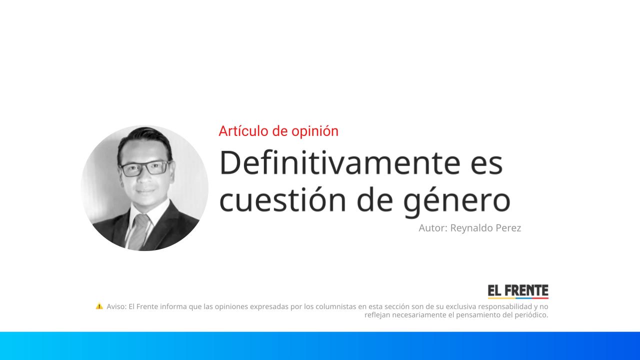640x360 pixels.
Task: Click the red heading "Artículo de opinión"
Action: pyautogui.click(x=278, y=131)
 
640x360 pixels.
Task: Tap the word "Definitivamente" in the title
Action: pyautogui.click(x=339, y=162)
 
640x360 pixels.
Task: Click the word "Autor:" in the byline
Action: pyautogui.click(x=433, y=228)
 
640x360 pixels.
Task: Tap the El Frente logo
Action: pyautogui.click(x=518, y=291)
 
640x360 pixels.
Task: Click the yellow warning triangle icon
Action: pyautogui.click(x=99, y=306)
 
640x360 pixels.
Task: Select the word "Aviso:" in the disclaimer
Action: pyautogui.click(x=116, y=306)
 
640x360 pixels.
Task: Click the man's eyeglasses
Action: pyautogui.click(x=145, y=168)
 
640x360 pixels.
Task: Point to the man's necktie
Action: pyautogui.click(x=139, y=231)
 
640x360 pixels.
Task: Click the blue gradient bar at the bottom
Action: pyautogui.click(x=320, y=346)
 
